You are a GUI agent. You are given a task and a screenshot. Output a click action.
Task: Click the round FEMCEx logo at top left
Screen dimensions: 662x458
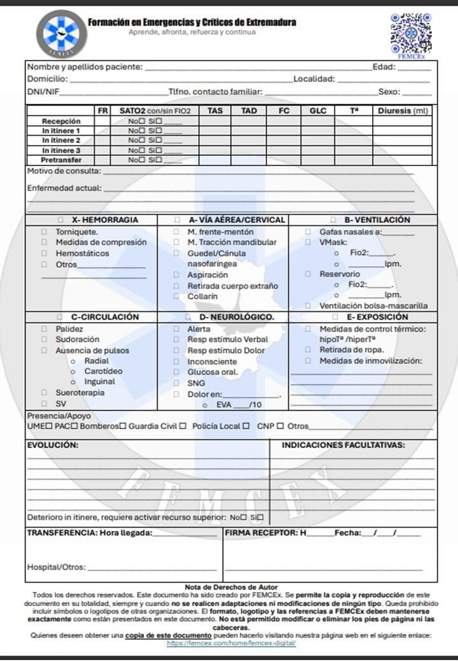point(60,33)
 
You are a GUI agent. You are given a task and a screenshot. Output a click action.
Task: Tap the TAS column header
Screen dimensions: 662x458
point(215,111)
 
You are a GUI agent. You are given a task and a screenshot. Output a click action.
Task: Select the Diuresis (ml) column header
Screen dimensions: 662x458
point(403,111)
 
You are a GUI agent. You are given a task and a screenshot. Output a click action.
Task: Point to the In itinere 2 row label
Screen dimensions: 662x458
point(61,140)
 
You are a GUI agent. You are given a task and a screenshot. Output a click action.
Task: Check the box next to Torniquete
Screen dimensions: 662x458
point(45,232)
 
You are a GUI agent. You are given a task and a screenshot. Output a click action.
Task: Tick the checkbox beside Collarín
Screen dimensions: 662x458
point(177,296)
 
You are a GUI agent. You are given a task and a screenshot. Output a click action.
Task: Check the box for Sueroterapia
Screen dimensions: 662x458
point(45,393)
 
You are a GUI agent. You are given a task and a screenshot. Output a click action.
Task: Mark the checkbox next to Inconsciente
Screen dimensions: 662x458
point(177,362)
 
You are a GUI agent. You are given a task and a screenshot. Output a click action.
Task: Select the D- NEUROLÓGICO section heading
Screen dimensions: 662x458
point(237,317)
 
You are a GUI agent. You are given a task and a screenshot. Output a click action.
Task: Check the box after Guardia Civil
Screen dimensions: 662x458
point(183,426)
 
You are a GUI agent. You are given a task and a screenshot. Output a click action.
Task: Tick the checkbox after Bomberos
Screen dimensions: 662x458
point(122,426)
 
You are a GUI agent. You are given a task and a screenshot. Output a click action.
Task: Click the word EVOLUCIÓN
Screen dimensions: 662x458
point(53,446)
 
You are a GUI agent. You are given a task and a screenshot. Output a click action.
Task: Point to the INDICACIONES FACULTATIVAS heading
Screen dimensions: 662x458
point(343,446)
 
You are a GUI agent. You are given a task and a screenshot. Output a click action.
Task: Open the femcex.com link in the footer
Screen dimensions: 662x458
point(232,644)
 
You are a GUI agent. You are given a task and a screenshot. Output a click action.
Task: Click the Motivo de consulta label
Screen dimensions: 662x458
point(64,171)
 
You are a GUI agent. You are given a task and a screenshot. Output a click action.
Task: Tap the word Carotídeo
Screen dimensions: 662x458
point(104,371)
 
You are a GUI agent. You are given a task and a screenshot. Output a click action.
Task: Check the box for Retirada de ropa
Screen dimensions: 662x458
point(308,349)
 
